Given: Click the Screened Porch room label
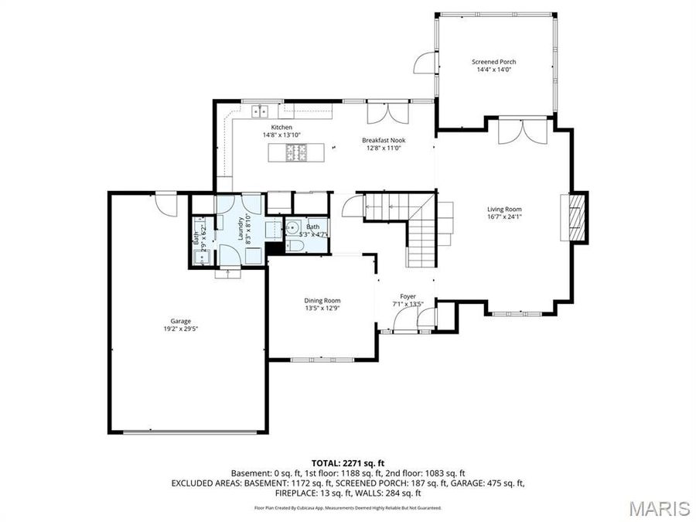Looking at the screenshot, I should pyautogui.click(x=493, y=62).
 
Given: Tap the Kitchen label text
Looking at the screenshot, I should pyautogui.click(x=281, y=127).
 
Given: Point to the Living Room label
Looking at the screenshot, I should pyautogui.click(x=504, y=209).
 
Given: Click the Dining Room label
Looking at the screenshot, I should pyautogui.click(x=322, y=301).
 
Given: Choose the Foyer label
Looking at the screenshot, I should pyautogui.click(x=408, y=296).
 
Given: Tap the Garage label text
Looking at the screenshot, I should pyautogui.click(x=181, y=321).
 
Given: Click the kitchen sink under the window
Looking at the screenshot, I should pyautogui.click(x=258, y=110).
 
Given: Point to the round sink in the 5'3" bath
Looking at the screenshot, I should pyautogui.click(x=292, y=227).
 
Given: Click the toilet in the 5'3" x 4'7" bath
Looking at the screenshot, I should pyautogui.click(x=295, y=245).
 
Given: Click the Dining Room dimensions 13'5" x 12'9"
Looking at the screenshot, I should pyautogui.click(x=322, y=309).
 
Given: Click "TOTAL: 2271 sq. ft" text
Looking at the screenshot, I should pyautogui.click(x=347, y=462).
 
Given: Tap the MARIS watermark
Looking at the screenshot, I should pyautogui.click(x=659, y=508).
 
